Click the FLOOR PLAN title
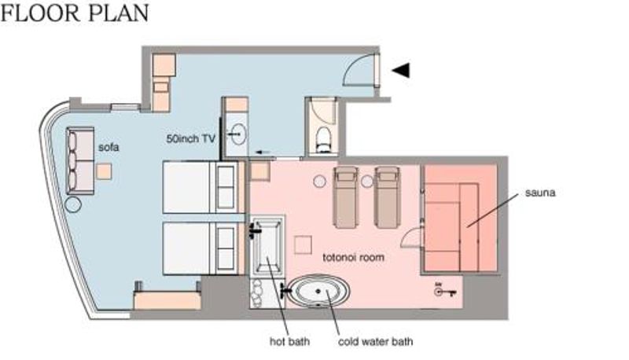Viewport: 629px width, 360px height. pos(75,13)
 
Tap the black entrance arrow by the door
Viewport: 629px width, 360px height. pos(401,70)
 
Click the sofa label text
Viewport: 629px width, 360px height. pos(109,147)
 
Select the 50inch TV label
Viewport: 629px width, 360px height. pos(191,138)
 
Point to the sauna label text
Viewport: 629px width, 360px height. pos(540,193)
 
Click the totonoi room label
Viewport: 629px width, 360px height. pos(353,257)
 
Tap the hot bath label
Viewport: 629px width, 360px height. pos(289,342)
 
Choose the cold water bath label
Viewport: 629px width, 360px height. pos(376,342)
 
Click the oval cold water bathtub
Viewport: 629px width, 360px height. pos(319,292)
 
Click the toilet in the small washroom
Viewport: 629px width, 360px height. pos(323,139)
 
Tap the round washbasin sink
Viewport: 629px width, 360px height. pos(237,134)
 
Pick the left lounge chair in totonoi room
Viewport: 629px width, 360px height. pos(345,197)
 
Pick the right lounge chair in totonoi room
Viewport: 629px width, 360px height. pos(387,197)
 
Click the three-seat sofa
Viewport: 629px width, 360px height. pos(80,161)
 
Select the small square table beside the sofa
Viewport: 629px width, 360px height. pos(104,171)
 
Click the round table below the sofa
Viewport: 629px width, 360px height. pos(73,204)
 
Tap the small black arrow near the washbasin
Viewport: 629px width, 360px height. pos(263,152)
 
